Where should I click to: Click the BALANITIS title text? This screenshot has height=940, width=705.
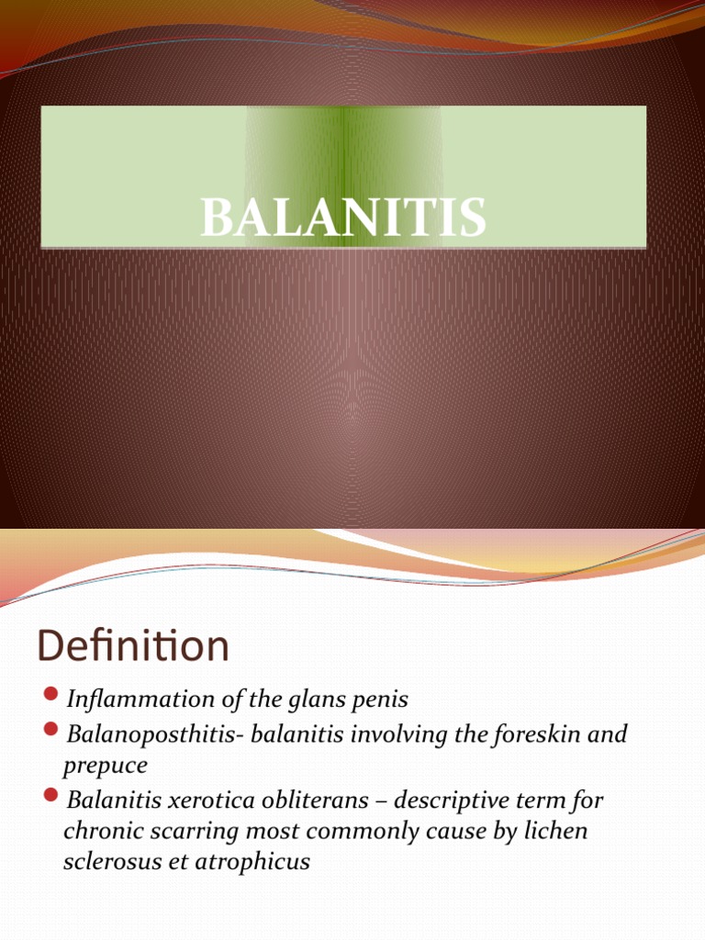343,219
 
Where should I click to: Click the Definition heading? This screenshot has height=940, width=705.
133,647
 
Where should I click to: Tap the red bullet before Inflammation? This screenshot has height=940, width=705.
50,693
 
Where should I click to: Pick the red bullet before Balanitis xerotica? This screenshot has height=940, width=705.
50,795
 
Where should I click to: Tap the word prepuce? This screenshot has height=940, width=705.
106,767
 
